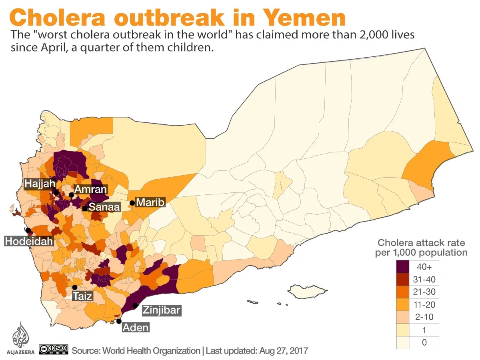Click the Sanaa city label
click(x=104, y=207)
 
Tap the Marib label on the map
click(x=150, y=202)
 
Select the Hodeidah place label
click(x=29, y=241)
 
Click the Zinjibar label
click(x=161, y=310)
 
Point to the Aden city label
click(x=136, y=328)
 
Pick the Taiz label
click(x=82, y=296)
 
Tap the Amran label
click(x=90, y=189)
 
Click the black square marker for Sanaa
click(x=85, y=208)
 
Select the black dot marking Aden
click(x=119, y=321)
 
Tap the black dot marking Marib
click(x=132, y=203)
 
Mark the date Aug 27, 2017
click(x=283, y=351)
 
